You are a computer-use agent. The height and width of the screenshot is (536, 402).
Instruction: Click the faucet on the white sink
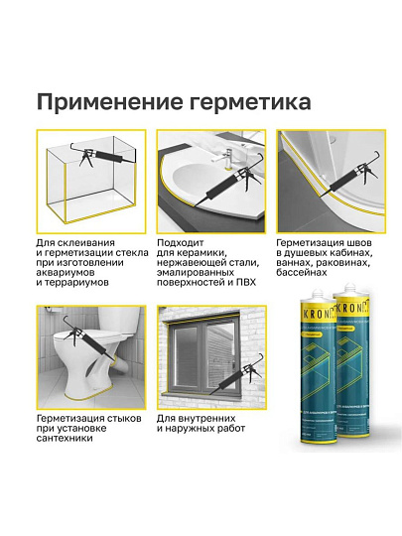(x=227, y=154)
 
